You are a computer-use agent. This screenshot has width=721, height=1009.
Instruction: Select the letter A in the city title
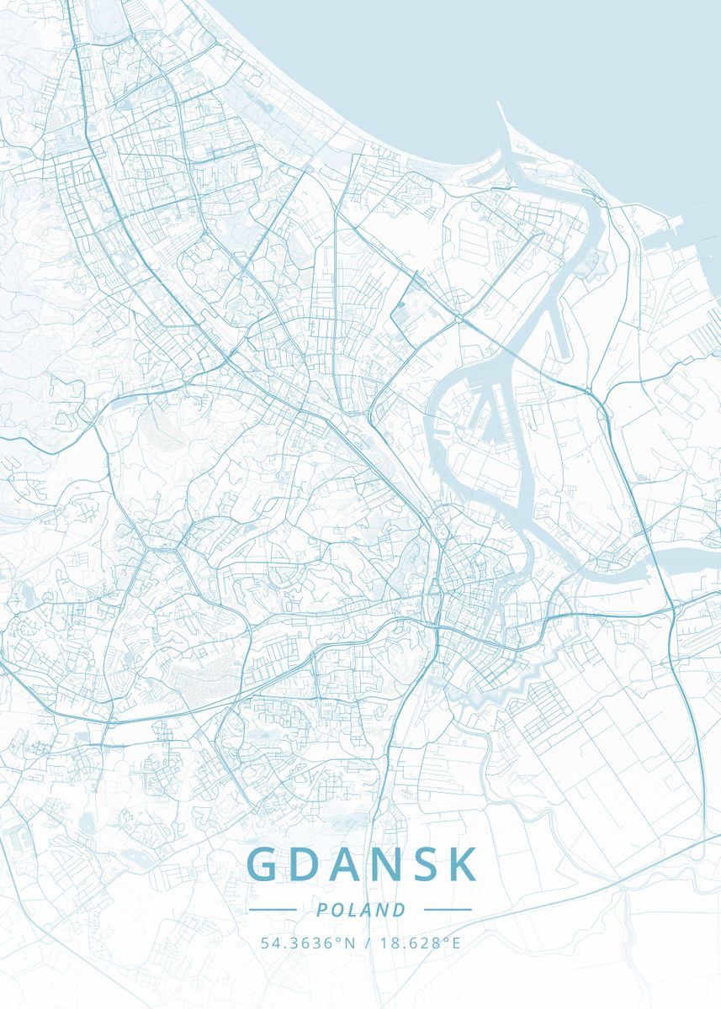point(347,864)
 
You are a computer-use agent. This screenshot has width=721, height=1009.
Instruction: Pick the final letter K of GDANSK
point(464,864)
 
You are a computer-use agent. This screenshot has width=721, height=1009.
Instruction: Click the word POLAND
point(361,910)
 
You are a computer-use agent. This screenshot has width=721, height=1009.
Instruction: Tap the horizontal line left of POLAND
point(273,910)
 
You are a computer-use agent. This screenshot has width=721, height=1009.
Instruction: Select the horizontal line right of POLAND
point(448,910)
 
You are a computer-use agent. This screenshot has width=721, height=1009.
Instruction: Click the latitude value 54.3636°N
point(307,943)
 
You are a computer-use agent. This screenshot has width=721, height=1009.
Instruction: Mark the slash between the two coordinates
point(367,943)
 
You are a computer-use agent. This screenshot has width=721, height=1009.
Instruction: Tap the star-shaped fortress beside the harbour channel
point(598,268)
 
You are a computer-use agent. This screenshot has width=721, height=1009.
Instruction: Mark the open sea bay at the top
point(505,50)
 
